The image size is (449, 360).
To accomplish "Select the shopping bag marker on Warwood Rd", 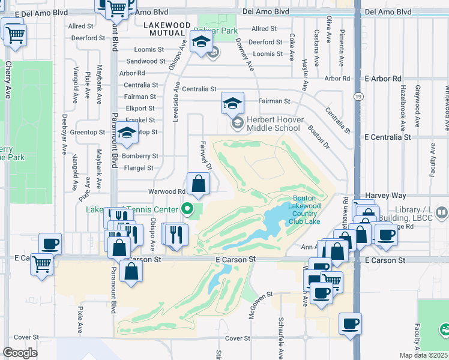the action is click(x=199, y=185).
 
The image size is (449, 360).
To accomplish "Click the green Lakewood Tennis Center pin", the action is click(x=188, y=209).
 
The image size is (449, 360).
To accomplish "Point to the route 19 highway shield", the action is click(x=358, y=96).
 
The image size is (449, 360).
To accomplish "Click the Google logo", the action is click(x=20, y=353).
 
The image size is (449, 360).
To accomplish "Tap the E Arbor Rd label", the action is click(x=387, y=79).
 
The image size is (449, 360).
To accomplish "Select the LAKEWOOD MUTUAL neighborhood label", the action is click(x=167, y=29).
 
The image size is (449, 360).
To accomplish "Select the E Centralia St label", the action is click(x=388, y=137).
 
